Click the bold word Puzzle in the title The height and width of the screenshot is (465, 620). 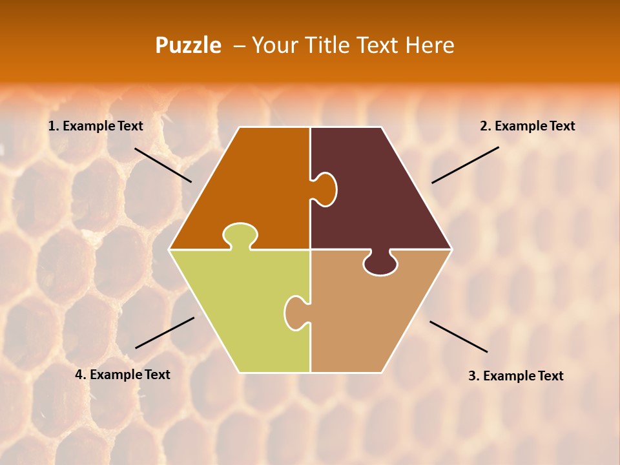[x=188, y=45]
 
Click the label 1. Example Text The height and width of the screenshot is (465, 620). [x=96, y=126]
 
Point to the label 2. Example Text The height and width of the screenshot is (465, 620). [x=527, y=126]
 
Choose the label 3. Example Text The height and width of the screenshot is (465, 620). [x=515, y=376]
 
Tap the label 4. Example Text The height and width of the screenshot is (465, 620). [x=123, y=375]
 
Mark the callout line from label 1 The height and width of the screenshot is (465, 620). [x=163, y=165]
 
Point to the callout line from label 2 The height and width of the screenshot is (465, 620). [x=465, y=165]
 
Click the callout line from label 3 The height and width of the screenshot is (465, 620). [x=459, y=336]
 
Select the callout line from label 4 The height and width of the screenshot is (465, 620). [x=165, y=333]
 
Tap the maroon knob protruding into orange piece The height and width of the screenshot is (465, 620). [x=325, y=189]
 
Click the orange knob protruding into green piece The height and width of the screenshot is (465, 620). [x=240, y=235]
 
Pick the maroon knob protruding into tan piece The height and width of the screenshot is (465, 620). [x=380, y=263]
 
